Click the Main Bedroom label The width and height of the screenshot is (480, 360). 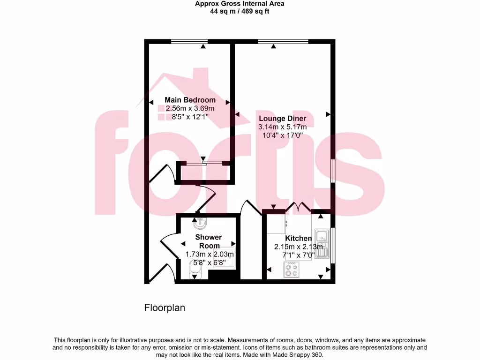(x=190, y=100)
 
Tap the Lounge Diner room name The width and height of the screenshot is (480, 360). (x=282, y=119)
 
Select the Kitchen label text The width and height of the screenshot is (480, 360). (x=299, y=239)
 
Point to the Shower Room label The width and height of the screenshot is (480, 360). (x=209, y=241)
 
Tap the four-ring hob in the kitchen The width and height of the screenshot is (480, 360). (x=292, y=270)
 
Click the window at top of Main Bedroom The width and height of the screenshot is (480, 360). (x=189, y=42)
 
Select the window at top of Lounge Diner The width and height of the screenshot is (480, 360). (x=283, y=42)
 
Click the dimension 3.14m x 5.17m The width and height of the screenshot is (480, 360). (x=282, y=127)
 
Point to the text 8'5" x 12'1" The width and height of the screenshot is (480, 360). (x=190, y=117)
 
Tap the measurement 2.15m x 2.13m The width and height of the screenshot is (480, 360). (x=299, y=247)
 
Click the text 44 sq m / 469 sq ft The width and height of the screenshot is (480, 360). (x=240, y=11)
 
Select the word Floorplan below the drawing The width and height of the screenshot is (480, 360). (x=164, y=308)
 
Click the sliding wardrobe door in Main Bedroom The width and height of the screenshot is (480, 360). (x=202, y=164)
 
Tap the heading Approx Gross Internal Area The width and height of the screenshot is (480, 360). (x=240, y=4)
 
